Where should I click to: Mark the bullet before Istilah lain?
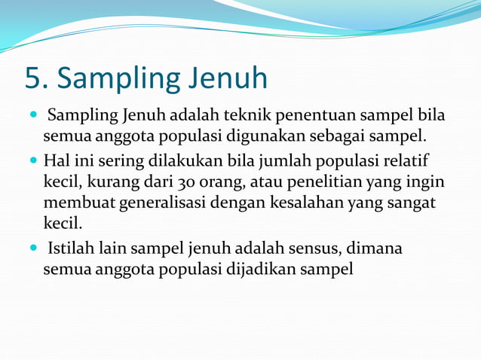(33, 247)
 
